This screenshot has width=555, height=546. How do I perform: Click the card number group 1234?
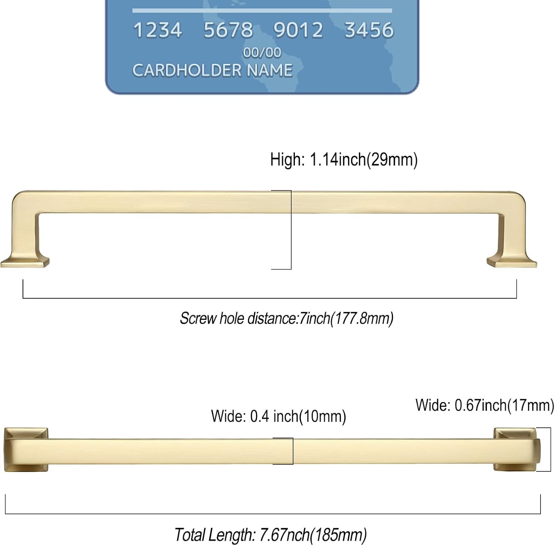(x=157, y=30)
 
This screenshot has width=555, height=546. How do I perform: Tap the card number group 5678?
(x=228, y=30)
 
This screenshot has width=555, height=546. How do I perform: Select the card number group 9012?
(x=298, y=30)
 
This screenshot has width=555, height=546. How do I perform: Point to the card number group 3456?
(x=369, y=30)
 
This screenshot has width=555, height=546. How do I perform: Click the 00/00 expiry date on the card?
(x=262, y=53)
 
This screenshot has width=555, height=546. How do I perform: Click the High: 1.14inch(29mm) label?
(x=344, y=160)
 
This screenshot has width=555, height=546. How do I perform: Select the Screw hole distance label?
(x=286, y=318)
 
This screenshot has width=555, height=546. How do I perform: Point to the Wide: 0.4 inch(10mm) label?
(x=278, y=416)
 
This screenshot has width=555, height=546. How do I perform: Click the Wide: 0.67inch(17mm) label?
(x=485, y=405)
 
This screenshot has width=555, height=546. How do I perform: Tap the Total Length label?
(x=270, y=535)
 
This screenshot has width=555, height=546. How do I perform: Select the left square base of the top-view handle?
(x=26, y=449)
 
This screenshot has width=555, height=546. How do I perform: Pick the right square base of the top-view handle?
(x=514, y=449)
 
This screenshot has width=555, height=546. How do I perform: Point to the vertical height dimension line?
(x=291, y=229)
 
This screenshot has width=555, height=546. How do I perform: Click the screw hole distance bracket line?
(x=269, y=298)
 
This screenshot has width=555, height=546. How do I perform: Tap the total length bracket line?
(x=273, y=513)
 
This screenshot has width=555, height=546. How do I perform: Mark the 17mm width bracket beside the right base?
(x=545, y=449)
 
